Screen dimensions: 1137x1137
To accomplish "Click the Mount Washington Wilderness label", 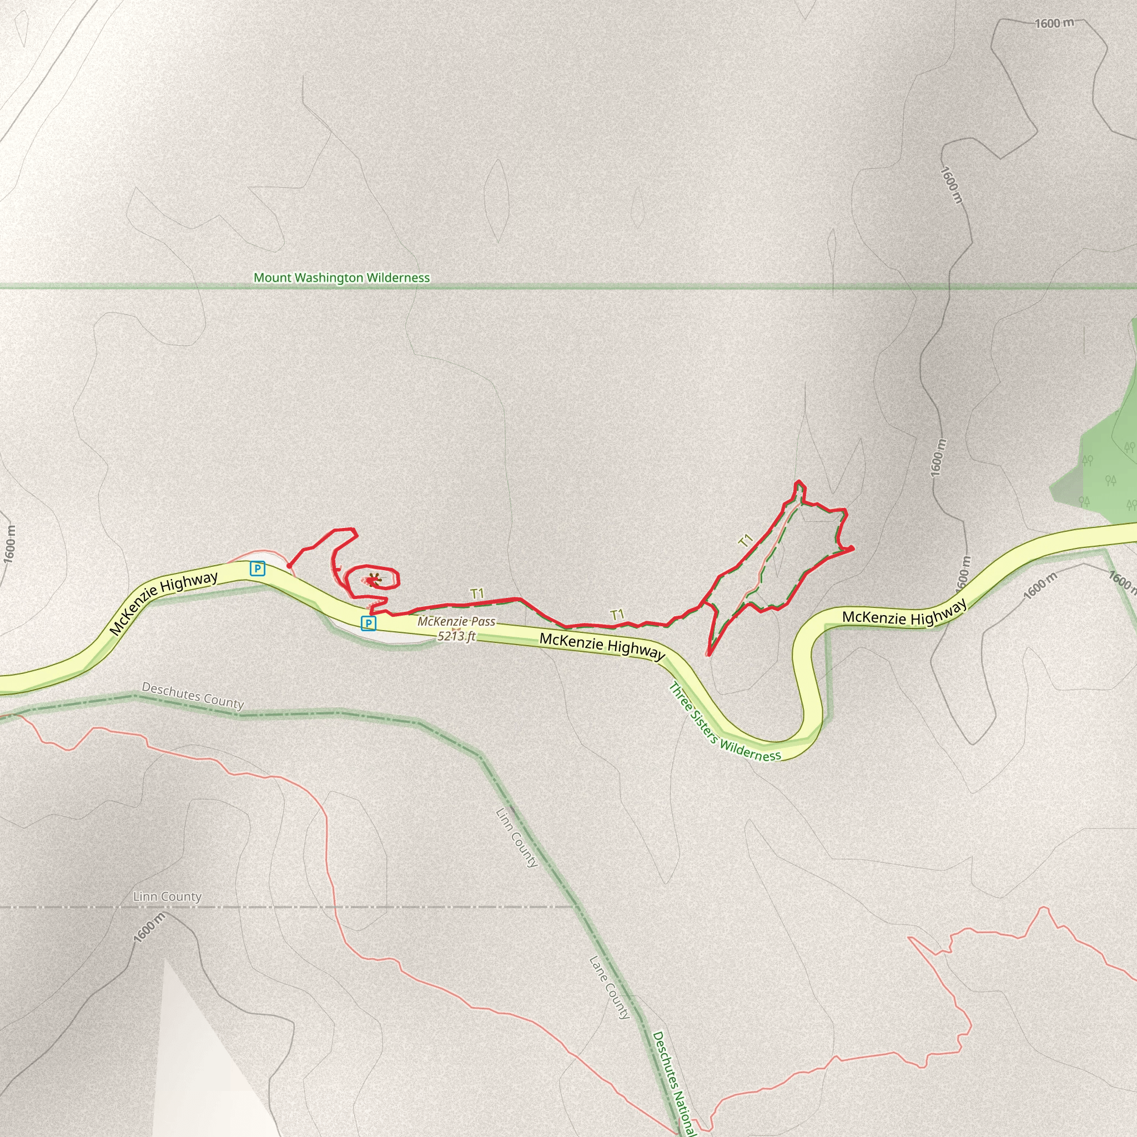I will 341,277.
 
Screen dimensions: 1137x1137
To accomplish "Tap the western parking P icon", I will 257,568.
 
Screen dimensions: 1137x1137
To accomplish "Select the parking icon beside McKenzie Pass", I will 369,623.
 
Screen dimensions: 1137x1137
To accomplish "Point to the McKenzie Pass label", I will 457,621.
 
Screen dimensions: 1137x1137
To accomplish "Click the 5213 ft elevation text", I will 456,636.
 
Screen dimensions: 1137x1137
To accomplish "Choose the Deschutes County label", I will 193,696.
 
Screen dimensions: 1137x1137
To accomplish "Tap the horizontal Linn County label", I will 167,896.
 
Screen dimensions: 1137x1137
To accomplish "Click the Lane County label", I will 610,988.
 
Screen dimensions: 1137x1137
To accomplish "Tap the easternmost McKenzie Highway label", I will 904,613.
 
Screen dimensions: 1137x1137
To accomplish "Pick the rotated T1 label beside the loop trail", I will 746,540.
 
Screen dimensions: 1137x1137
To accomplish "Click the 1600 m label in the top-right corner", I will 1054,23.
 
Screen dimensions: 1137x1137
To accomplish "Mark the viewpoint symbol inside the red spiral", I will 373,580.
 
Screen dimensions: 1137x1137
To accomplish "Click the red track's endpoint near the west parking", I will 288,566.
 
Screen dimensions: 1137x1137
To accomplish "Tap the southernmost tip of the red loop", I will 708,654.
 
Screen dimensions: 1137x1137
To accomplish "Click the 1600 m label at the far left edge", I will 9,545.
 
